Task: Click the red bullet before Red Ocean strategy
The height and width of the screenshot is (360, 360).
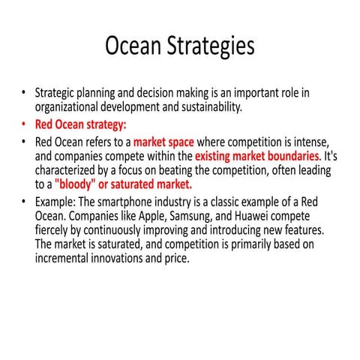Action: (x=24, y=124)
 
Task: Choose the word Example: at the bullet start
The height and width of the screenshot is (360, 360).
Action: (x=58, y=202)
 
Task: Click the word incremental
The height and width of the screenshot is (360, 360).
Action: (x=69, y=259)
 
